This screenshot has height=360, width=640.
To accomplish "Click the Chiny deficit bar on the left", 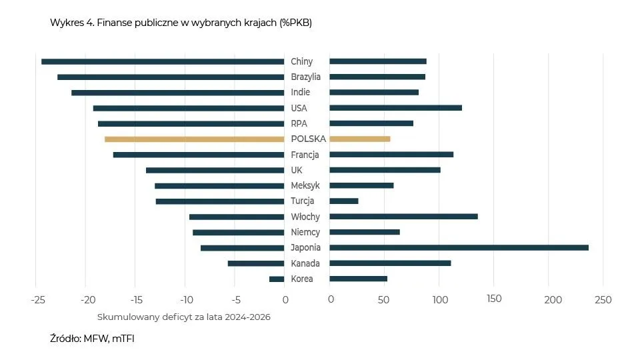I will [x=163, y=61].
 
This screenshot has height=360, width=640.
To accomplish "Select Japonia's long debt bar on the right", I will [x=459, y=247].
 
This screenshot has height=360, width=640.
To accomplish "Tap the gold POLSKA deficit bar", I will [x=194, y=139].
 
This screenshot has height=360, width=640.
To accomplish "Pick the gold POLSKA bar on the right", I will [x=360, y=139].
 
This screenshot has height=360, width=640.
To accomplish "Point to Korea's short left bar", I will [x=277, y=279].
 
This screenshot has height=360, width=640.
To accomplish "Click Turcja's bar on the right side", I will [x=344, y=201].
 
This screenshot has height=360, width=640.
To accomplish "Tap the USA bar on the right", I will [x=395, y=108].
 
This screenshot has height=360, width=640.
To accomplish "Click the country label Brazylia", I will [x=306, y=77].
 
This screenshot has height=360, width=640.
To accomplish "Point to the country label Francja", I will [x=305, y=155].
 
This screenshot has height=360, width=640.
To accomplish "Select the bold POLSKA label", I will [x=308, y=139].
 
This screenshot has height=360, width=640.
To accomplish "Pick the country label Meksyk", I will [x=305, y=185].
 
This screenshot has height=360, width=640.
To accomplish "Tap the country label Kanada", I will [x=305, y=263].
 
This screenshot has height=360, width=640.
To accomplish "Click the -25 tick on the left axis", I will [x=37, y=299].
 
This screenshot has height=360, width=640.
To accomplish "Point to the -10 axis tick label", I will [x=185, y=299].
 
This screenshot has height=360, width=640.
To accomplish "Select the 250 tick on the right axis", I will [x=603, y=299].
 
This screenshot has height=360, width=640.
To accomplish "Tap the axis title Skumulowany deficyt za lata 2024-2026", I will [x=184, y=317].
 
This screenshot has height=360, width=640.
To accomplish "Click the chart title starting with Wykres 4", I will [x=181, y=23].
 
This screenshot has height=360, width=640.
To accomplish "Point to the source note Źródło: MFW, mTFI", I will [x=92, y=339].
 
